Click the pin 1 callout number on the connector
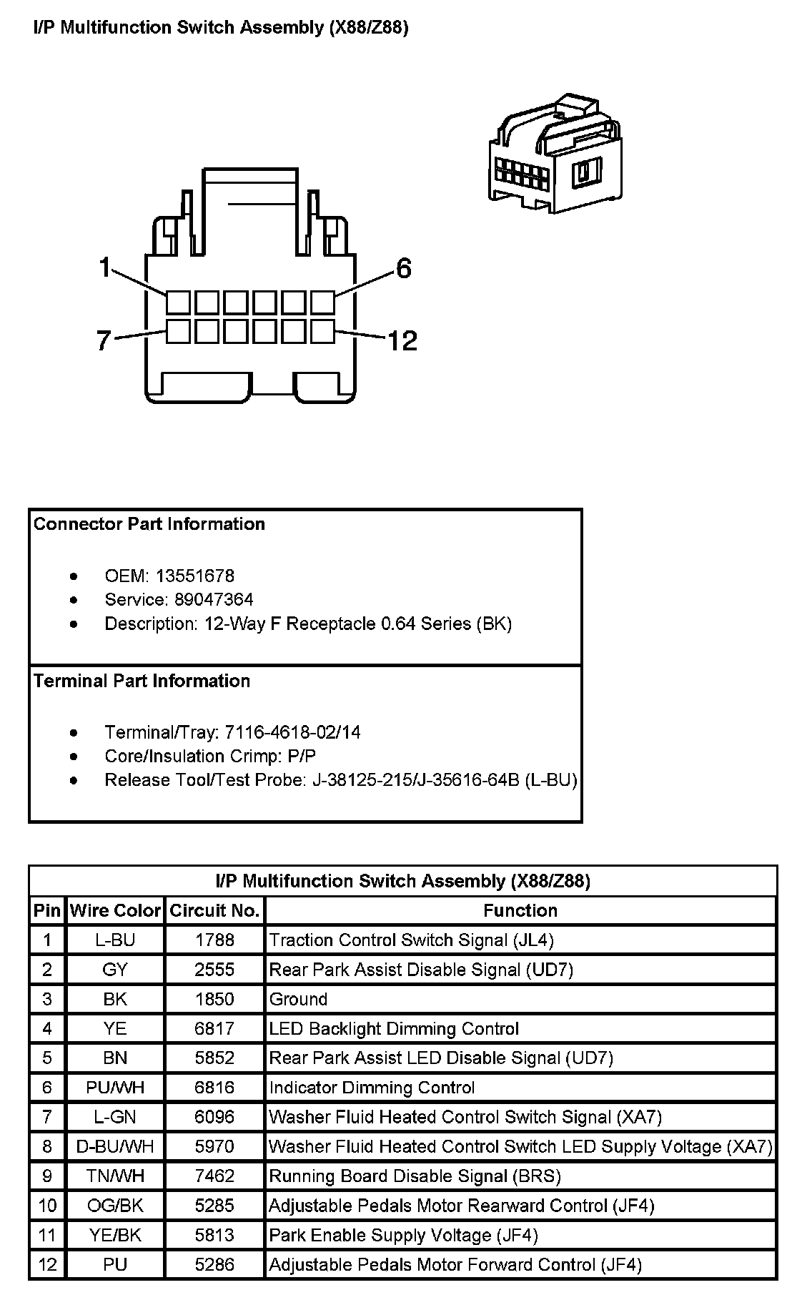tap(105, 268)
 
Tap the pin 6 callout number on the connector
tap(404, 269)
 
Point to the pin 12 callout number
tap(402, 340)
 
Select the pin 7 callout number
tap(104, 341)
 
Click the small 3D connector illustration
tap(555, 152)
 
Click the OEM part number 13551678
tap(195, 576)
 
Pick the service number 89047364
tap(214, 599)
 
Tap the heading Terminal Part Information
tap(142, 681)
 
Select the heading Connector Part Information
tap(149, 524)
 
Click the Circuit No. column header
tap(214, 910)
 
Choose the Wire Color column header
tap(115, 910)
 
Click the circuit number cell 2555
tap(214, 970)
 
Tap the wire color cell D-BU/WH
tap(115, 1147)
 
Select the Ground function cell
tap(298, 999)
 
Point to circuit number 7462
tap(214, 1176)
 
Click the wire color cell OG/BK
tap(115, 1206)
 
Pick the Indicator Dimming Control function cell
tap(372, 1088)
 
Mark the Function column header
tap(520, 910)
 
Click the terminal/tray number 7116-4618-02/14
tap(292, 732)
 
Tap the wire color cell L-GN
tap(115, 1117)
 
